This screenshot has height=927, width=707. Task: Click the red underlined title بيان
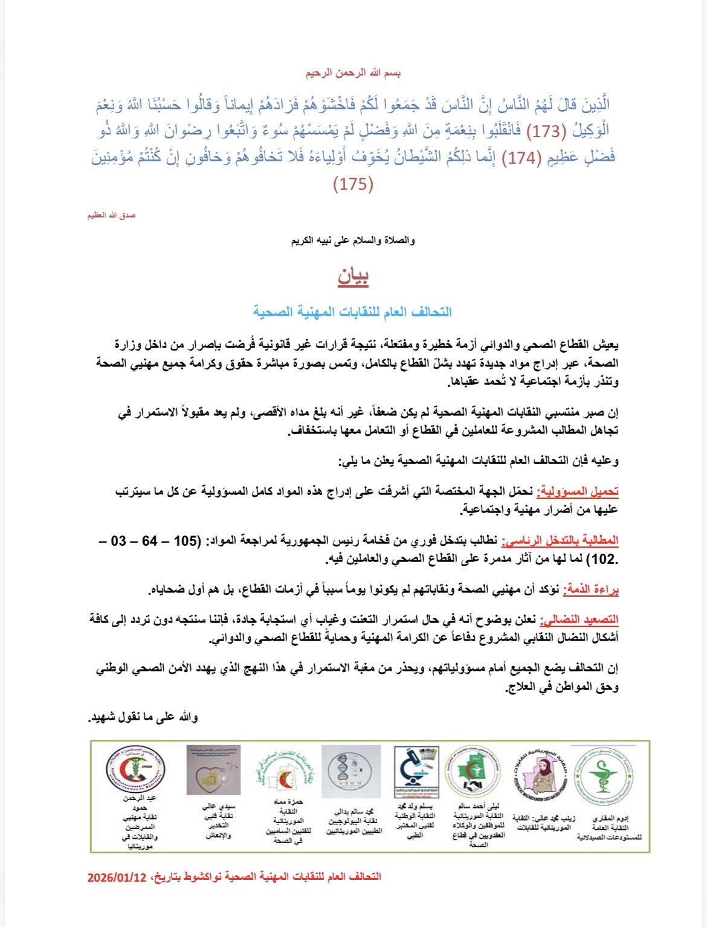[353, 277]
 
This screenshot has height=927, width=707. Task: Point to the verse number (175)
[353, 184]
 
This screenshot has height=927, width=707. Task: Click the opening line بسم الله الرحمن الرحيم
[353, 73]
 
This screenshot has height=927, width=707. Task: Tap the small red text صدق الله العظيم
[111, 216]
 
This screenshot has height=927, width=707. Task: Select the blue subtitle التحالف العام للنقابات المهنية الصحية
[352, 312]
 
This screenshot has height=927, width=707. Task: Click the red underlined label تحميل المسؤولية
[578, 491]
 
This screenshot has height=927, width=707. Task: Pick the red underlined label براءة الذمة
[591, 590]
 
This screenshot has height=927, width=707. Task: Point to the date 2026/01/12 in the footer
[117, 877]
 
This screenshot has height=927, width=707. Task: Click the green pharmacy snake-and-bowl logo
[602, 772]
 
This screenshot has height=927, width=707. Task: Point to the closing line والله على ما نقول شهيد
[144, 717]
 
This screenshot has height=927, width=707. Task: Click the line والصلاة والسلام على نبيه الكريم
[353, 241]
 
